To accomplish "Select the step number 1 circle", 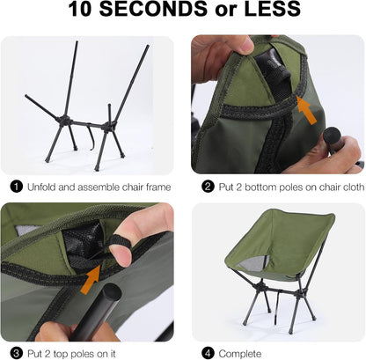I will click(15, 186).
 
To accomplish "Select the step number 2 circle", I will click(208, 186).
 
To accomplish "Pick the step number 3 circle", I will click(15, 352).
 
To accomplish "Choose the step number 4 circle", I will click(208, 352).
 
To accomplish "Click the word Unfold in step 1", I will click(42, 186).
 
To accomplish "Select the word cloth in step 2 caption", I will click(347, 186).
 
